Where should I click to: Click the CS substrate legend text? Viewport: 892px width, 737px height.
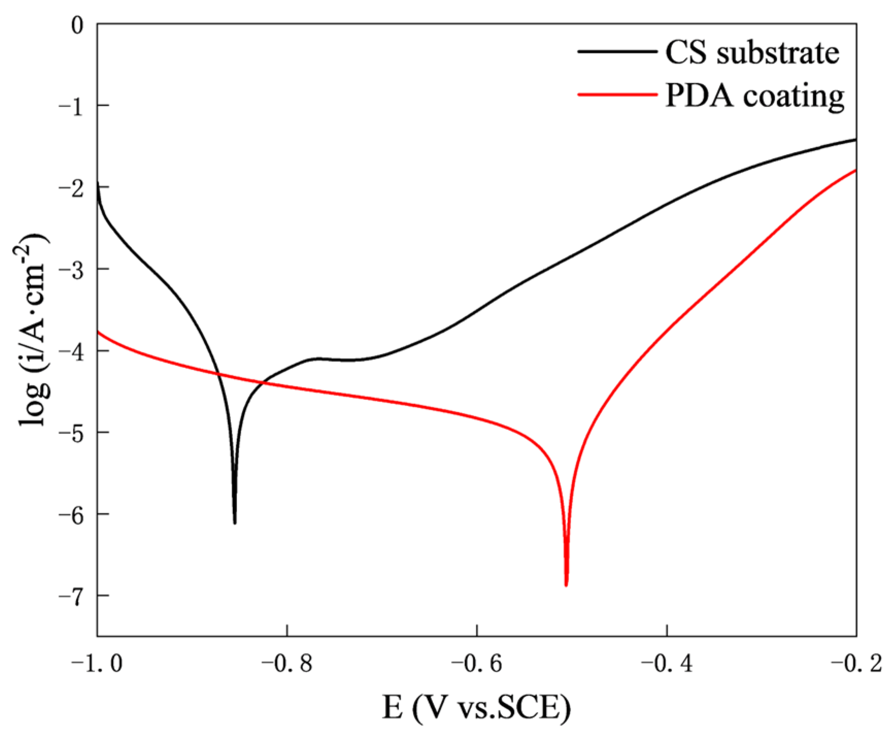tap(752, 53)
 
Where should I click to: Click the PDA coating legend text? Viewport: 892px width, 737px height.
tap(754, 96)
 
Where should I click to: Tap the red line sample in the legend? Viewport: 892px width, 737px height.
tap(617, 95)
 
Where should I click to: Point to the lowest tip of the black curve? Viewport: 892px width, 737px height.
tap(235, 523)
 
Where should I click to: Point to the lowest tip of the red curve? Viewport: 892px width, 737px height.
tap(566, 585)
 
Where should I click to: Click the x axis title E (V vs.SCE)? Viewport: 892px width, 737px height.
tap(477, 708)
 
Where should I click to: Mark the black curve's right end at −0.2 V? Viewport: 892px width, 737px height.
tap(855, 140)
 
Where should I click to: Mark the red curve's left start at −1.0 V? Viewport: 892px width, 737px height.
tap(98, 332)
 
